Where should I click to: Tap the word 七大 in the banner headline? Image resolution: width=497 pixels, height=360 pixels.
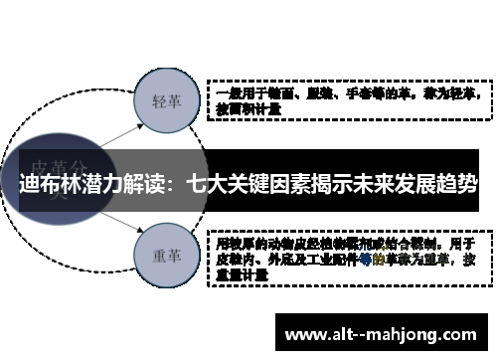pyautogui.click(x=205, y=185)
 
